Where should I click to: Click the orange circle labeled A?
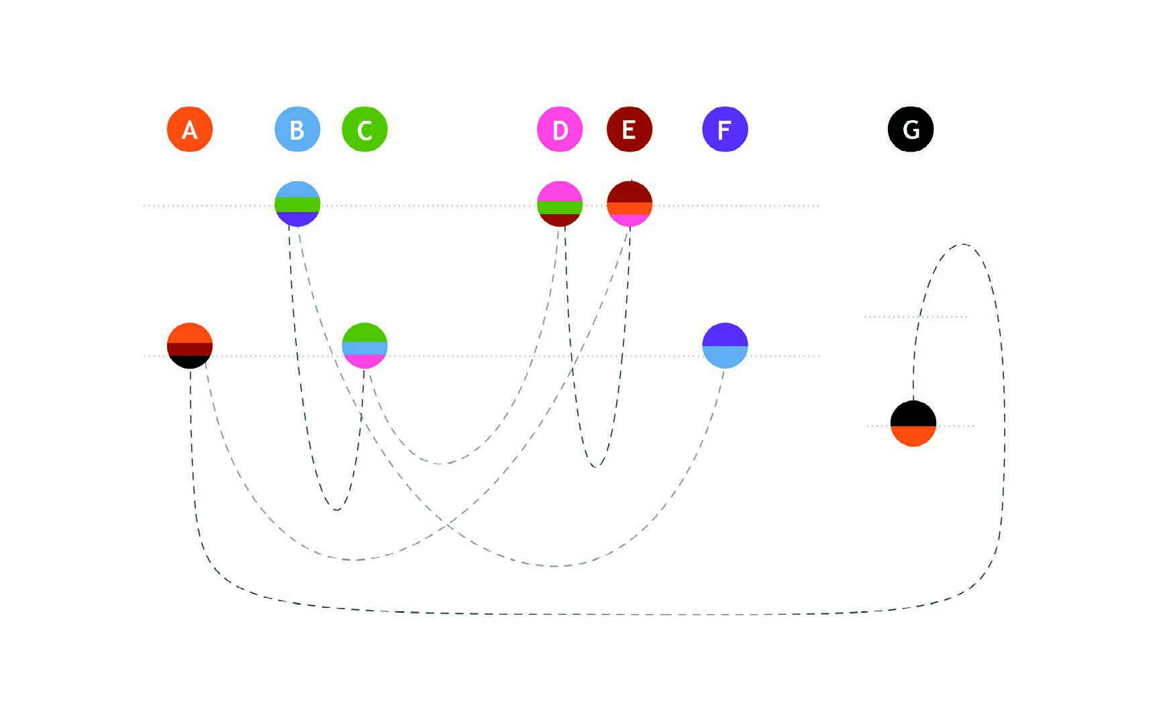(x=190, y=129)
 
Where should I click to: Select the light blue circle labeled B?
(x=297, y=129)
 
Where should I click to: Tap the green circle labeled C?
(x=364, y=129)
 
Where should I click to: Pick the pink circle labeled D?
(x=560, y=129)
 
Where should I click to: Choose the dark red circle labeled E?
(x=629, y=129)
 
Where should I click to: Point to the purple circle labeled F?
(x=725, y=129)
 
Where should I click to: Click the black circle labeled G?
(x=910, y=129)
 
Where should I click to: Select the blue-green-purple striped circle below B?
(x=297, y=204)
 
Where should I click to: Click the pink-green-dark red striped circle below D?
(x=560, y=204)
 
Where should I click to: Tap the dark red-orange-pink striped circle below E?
(x=629, y=204)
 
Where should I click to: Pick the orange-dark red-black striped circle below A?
(x=190, y=346)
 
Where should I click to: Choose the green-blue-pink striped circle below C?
(x=364, y=346)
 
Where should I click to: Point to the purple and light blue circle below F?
(x=725, y=346)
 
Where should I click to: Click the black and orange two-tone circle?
(x=913, y=423)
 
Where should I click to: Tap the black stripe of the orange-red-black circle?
(x=190, y=362)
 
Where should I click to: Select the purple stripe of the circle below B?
(x=297, y=219)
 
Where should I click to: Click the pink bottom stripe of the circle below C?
(x=364, y=361)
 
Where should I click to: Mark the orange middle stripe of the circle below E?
(x=629, y=208)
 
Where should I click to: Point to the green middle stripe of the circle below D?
(x=560, y=207)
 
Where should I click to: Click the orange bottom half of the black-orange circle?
(x=913, y=435)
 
